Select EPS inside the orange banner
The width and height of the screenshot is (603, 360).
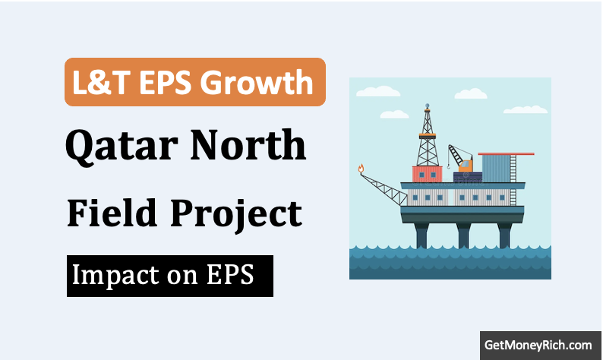[166, 82]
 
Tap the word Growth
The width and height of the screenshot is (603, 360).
[257, 82]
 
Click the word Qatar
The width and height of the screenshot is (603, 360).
[122, 146]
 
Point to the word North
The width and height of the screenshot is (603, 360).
[248, 144]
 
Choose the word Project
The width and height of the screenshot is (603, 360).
[236, 215]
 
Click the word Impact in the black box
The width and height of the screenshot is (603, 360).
[115, 276]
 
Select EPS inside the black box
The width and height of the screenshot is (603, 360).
[230, 275]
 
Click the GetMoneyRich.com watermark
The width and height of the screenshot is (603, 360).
[538, 345]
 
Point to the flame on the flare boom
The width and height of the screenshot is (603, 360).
[361, 168]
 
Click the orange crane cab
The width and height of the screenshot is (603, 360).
[466, 166]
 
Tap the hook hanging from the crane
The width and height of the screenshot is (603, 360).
[448, 166]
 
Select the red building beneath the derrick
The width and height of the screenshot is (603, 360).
[427, 174]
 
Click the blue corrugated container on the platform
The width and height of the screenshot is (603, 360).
[496, 169]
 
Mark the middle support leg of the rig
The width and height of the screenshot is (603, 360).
[463, 235]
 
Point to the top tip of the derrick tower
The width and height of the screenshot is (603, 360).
[427, 104]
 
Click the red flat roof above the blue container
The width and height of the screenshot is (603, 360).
[506, 154]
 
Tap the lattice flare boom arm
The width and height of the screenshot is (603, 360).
[384, 189]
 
